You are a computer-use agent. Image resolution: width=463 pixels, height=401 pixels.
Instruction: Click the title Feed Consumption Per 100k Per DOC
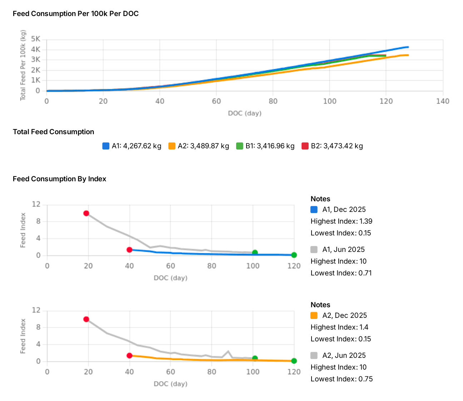(x=76, y=14)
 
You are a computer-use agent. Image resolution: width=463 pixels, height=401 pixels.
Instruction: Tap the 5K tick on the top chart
(x=36, y=39)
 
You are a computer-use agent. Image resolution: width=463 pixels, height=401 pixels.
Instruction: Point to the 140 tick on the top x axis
(x=443, y=101)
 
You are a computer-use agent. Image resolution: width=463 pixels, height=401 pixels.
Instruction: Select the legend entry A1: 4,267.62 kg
(x=132, y=146)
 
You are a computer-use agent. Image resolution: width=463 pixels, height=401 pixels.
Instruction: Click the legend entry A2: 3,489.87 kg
(x=199, y=146)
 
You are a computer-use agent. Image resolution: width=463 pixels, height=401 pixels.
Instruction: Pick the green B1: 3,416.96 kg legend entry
(x=265, y=146)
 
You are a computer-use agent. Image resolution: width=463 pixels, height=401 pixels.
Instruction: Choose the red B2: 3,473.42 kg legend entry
(x=332, y=146)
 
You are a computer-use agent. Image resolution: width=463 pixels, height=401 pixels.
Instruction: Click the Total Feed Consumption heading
(x=54, y=132)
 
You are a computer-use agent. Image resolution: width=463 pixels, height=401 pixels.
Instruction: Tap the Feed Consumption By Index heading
(x=60, y=179)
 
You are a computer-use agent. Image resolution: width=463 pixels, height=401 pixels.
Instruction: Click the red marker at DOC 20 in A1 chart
(x=86, y=213)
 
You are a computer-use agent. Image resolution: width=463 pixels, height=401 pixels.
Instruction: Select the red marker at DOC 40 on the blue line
(x=129, y=250)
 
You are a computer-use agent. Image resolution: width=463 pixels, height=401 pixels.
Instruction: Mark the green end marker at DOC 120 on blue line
(x=294, y=255)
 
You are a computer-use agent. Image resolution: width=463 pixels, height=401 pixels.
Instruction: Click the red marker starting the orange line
(x=129, y=356)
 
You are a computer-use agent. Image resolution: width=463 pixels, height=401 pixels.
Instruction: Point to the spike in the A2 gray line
(x=228, y=351)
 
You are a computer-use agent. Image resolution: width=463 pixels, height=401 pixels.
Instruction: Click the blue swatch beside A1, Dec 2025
(x=314, y=209)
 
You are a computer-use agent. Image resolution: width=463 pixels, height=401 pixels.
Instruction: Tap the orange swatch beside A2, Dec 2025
(x=314, y=315)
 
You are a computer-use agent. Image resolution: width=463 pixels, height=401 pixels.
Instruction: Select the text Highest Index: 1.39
(x=341, y=221)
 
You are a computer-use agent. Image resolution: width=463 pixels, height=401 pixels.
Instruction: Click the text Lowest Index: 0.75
(x=341, y=379)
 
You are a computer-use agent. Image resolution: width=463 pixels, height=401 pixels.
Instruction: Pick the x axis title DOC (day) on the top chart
(x=245, y=113)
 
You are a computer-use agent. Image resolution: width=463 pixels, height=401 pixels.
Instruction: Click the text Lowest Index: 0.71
(x=341, y=273)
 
